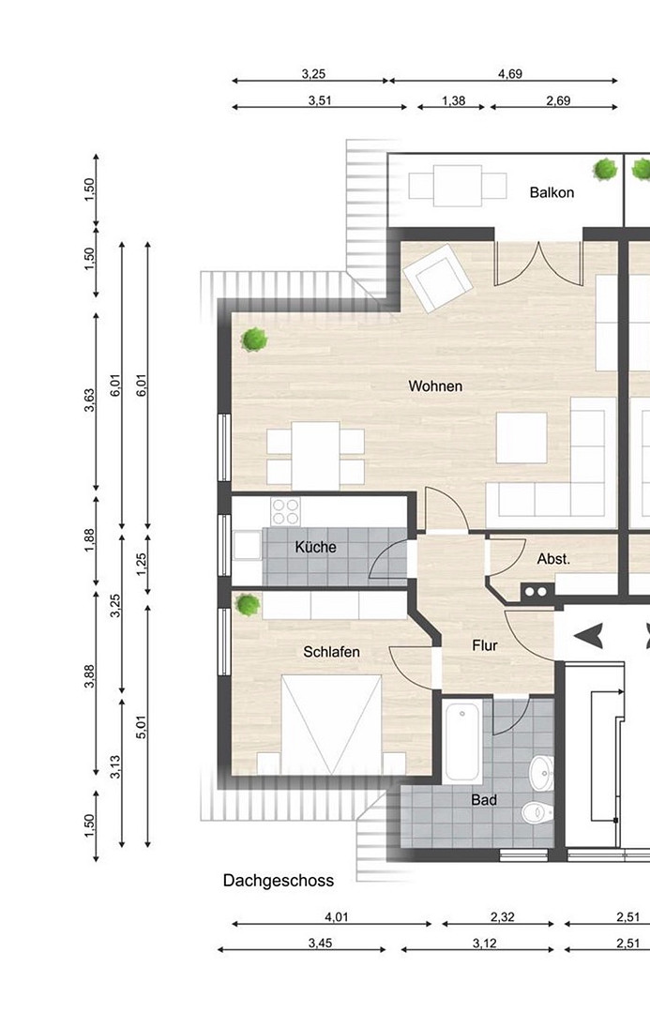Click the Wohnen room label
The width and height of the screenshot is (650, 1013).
pyautogui.click(x=435, y=386)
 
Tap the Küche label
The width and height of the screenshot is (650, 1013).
pyautogui.click(x=315, y=547)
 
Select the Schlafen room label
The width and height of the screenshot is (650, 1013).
pyautogui.click(x=331, y=652)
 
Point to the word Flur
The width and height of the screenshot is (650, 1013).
pyautogui.click(x=485, y=645)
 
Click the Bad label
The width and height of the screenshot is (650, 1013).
pyautogui.click(x=484, y=800)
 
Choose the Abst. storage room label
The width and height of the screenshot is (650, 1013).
pyautogui.click(x=553, y=559)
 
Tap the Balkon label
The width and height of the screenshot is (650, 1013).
pyautogui.click(x=552, y=192)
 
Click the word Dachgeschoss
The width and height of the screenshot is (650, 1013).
pyautogui.click(x=279, y=881)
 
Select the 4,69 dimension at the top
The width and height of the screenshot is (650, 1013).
pyautogui.click(x=510, y=74)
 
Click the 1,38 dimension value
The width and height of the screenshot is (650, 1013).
pyautogui.click(x=454, y=100)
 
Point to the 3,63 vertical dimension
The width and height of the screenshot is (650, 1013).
pyautogui.click(x=89, y=400)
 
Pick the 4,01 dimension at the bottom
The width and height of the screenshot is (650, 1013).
pyautogui.click(x=336, y=916)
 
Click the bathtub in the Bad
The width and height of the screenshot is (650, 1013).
pyautogui.click(x=462, y=742)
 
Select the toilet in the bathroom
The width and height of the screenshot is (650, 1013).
pyautogui.click(x=537, y=812)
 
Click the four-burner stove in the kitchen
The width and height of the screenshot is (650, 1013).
pyautogui.click(x=285, y=512)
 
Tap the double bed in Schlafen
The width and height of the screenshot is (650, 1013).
pyautogui.click(x=331, y=725)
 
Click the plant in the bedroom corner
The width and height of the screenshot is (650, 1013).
pyautogui.click(x=248, y=605)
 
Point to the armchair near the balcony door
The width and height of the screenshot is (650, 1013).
pyautogui.click(x=436, y=279)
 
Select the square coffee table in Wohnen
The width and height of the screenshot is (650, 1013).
pyautogui.click(x=522, y=438)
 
